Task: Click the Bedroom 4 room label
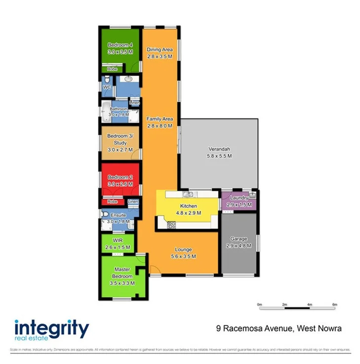120,44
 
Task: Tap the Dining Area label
160,49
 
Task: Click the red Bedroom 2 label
120,177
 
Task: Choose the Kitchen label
188,206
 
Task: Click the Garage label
239,239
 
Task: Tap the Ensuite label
119,215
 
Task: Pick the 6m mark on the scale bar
334,304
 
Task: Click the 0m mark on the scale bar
260,304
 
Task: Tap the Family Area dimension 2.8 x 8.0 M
160,126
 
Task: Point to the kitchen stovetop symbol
172,225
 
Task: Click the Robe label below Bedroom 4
112,70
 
